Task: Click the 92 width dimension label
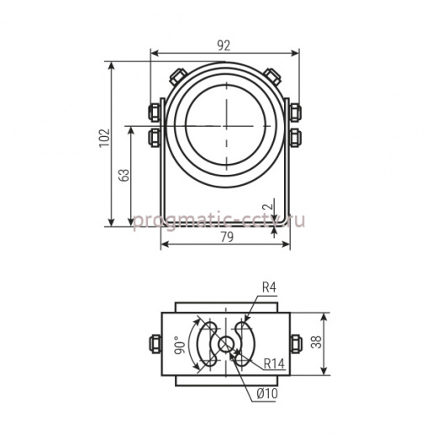(224, 45)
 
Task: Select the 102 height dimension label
(104, 138)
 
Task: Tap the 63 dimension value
(124, 175)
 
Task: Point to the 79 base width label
(227, 237)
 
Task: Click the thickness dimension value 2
(268, 207)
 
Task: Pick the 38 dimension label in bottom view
(317, 342)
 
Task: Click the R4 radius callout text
(269, 287)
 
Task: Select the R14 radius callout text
(274, 364)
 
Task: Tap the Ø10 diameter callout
(267, 394)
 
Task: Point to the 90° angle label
(180, 345)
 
